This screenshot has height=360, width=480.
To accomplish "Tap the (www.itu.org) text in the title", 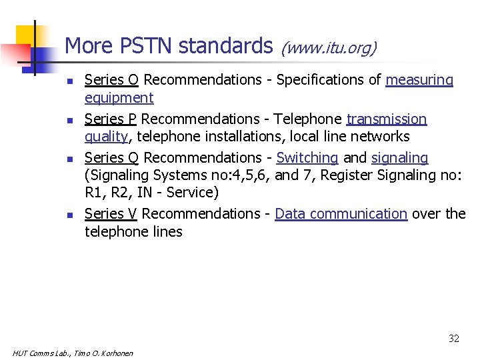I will [x=329, y=48].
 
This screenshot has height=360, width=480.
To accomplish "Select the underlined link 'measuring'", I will [x=419, y=80].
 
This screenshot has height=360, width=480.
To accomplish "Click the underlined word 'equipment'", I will [x=119, y=98].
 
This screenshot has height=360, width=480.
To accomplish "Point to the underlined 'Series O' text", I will [x=111, y=80].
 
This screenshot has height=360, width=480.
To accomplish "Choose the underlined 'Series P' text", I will [x=111, y=119].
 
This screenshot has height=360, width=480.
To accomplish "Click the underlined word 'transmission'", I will [x=387, y=119].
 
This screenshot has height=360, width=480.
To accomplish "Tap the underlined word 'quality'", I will [x=106, y=137].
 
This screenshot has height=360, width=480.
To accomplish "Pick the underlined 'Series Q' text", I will [x=111, y=157].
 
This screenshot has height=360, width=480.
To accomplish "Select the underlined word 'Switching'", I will [x=307, y=157].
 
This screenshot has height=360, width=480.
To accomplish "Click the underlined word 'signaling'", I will [x=400, y=157].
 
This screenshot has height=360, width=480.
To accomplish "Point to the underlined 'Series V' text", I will [x=111, y=213].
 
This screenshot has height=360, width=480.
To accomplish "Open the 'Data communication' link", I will [x=341, y=213].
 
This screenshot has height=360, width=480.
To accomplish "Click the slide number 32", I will [x=453, y=339].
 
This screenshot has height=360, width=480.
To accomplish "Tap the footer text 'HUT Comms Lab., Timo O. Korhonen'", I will [x=73, y=353].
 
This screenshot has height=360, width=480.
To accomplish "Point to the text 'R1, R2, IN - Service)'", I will [x=152, y=193].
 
